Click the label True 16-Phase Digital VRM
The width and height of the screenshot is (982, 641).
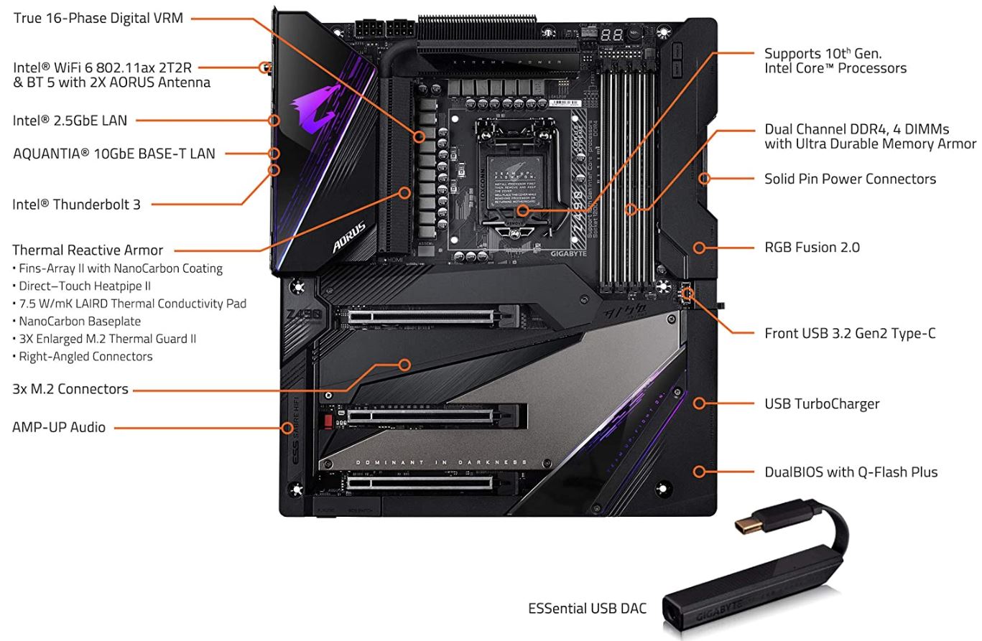pos(98,18)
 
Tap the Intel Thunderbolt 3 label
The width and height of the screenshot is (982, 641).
pos(76,205)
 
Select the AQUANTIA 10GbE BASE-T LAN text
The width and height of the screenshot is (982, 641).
pos(114,153)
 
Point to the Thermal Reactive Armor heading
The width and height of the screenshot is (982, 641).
pos(88,251)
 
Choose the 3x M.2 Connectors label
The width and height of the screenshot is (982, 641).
pos(70,389)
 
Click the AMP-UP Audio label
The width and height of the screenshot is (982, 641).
pos(59,427)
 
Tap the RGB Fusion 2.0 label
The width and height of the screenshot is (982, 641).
pos(812,248)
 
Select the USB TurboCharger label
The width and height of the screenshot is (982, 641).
pos(822,403)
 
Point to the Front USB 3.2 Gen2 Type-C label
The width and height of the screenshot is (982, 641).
pos(850,333)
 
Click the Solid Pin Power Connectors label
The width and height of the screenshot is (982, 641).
pos(850,179)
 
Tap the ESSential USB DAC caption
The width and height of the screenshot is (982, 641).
pos(587,609)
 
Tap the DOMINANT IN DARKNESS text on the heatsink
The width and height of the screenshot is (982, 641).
pos(441,462)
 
